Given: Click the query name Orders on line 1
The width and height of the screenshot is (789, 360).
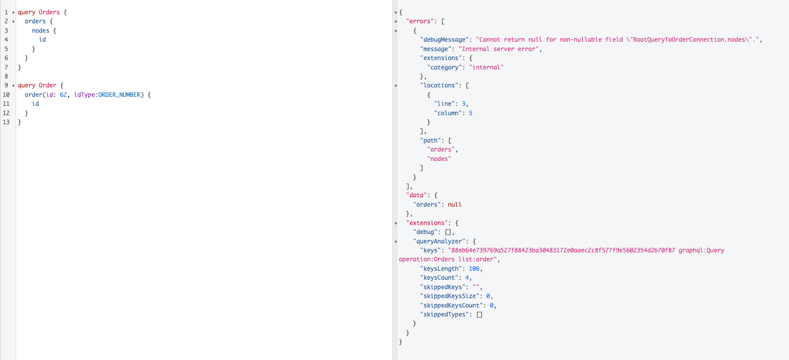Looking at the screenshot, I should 49,12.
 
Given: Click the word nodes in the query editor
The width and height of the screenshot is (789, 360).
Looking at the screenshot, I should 40,30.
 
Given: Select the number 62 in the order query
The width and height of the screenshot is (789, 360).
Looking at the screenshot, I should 63,95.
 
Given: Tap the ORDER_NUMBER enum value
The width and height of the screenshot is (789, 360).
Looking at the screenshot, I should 119,95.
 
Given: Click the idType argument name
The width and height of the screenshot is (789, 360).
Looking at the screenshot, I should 84,95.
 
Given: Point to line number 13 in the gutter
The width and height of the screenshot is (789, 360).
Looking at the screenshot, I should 6,122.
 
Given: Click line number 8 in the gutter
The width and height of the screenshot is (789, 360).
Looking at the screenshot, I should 6,76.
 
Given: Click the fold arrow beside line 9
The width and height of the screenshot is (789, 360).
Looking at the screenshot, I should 13,86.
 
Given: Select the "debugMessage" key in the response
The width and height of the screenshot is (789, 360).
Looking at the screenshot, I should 444,39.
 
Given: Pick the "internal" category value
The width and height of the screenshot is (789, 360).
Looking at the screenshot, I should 486,67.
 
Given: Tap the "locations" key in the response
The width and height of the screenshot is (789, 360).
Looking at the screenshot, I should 439,85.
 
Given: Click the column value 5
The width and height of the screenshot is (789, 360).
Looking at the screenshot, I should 471,113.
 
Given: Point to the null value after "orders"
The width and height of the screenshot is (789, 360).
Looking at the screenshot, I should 455,204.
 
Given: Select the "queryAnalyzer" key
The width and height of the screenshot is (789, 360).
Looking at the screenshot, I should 441,241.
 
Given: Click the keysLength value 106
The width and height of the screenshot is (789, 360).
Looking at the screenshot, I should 474,269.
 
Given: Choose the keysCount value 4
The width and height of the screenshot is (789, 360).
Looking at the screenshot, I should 467,278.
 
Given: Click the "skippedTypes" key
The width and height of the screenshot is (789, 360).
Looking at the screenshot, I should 444,314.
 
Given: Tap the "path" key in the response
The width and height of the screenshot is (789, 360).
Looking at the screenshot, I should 430,140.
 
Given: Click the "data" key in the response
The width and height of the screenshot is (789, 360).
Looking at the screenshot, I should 416,195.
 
